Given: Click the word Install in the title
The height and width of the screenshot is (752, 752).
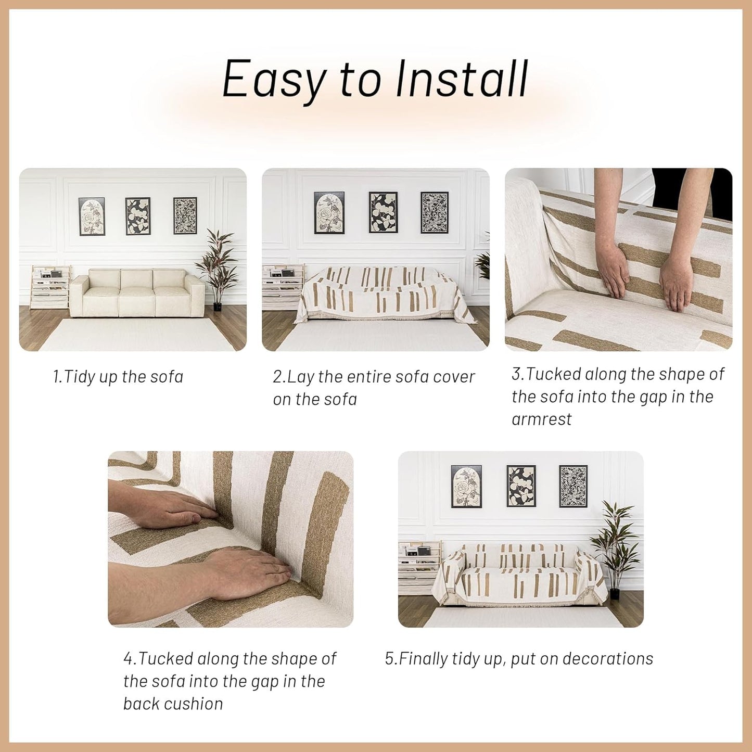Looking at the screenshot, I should (x=462, y=79).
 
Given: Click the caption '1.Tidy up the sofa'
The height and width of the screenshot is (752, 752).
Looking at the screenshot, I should (x=118, y=377).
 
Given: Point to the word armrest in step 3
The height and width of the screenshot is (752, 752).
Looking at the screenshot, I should (x=541, y=419).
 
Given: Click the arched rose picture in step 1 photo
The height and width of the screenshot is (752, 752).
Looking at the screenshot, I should (x=92, y=216).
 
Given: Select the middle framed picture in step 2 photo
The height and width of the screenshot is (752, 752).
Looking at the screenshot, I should (x=383, y=212).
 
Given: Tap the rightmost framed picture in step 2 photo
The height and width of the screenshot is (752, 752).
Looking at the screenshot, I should (x=434, y=212).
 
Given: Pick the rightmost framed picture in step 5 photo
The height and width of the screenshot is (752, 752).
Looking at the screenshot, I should (x=573, y=486).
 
